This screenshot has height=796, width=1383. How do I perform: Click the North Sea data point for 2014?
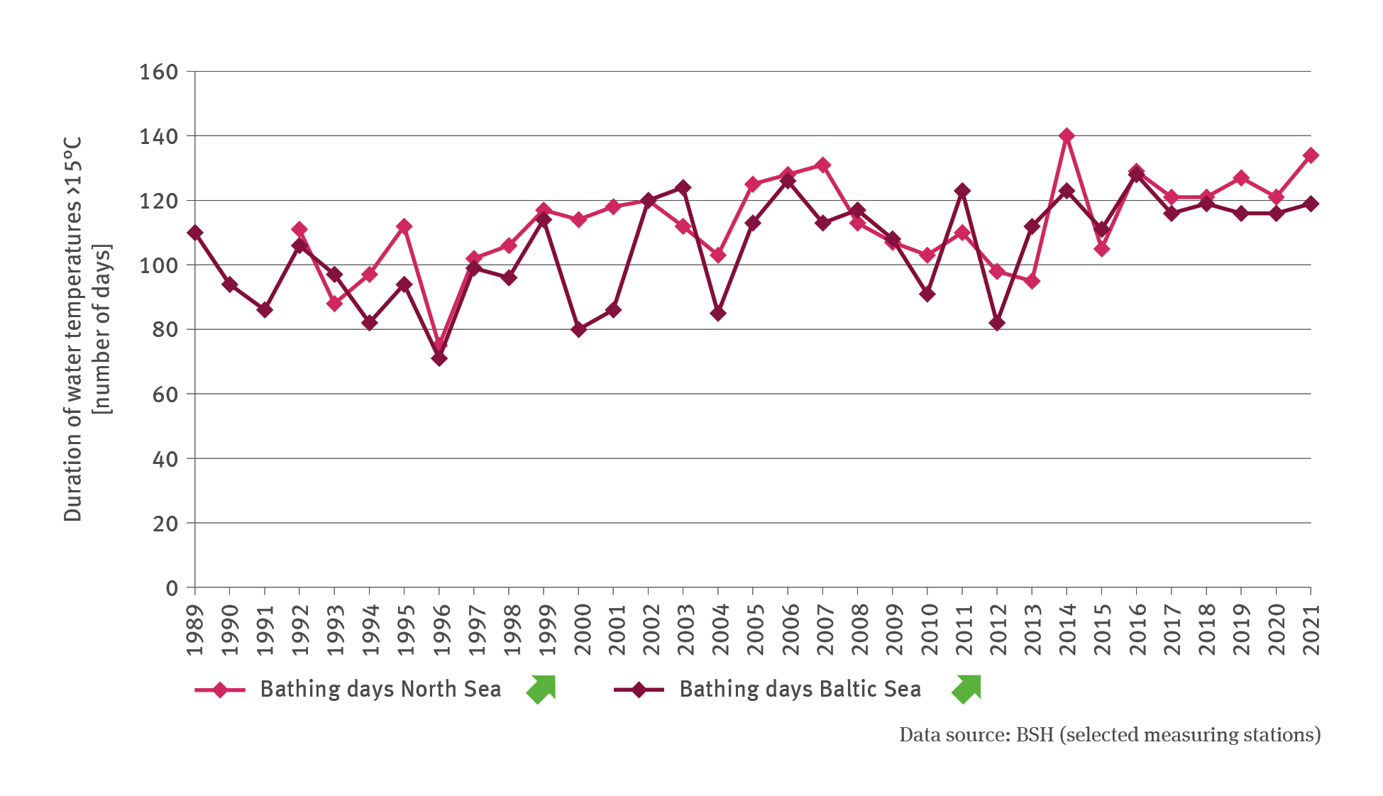coord(1067,136)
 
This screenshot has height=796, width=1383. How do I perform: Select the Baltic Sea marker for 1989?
coord(195,233)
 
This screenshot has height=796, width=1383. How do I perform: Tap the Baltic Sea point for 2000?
coord(578,329)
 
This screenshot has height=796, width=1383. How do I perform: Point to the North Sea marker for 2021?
coord(1311,155)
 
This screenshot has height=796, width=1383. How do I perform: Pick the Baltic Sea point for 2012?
coord(997,323)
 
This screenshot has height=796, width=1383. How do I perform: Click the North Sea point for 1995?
coord(404,226)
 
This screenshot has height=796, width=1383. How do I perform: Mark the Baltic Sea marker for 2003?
coord(683,188)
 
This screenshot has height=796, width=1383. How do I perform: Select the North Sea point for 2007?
coord(823,165)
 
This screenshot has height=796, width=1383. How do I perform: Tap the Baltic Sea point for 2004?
coord(718,313)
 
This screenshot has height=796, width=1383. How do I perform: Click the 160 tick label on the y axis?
coord(158,72)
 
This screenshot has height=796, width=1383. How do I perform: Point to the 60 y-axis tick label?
coord(165,394)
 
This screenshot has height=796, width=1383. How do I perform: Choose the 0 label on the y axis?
coord(172,588)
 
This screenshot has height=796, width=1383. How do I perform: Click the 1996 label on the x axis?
coord(441,630)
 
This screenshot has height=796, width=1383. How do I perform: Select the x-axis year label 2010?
coord(929,630)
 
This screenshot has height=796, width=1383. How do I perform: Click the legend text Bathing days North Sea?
coord(380,690)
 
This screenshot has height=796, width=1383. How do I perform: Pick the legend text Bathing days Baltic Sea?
coord(800,690)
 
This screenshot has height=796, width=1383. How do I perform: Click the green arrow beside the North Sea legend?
coord(541,689)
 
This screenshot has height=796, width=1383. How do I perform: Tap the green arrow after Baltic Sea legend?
coord(966,689)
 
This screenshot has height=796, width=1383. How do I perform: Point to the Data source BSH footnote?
coord(1110,735)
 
